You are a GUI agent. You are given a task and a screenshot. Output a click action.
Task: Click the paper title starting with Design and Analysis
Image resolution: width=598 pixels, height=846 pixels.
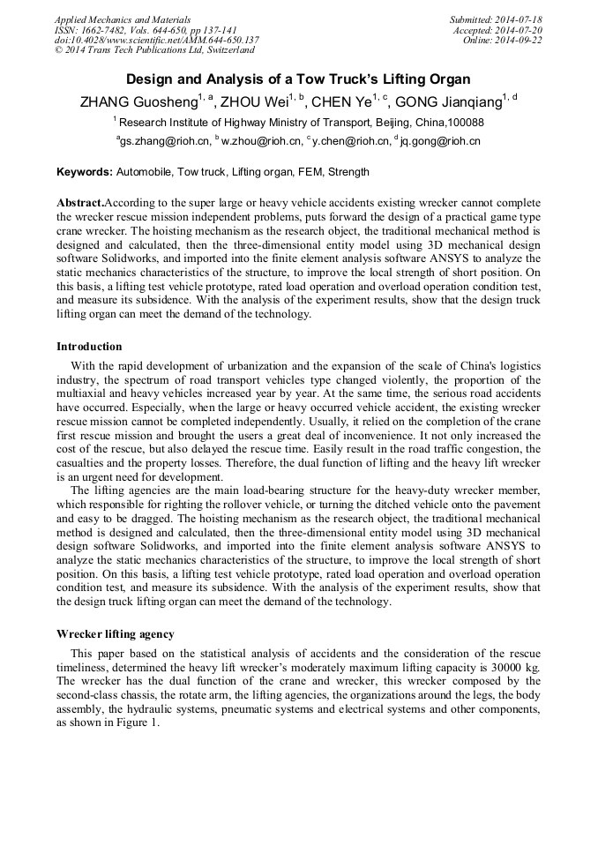coord(298,79)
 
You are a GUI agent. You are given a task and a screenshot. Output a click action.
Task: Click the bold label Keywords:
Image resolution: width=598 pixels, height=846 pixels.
coord(85,172)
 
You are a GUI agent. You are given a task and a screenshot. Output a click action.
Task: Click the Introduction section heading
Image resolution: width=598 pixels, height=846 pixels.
coord(89,347)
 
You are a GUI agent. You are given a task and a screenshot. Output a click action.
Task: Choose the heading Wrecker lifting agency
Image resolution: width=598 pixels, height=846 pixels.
coord(115,634)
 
